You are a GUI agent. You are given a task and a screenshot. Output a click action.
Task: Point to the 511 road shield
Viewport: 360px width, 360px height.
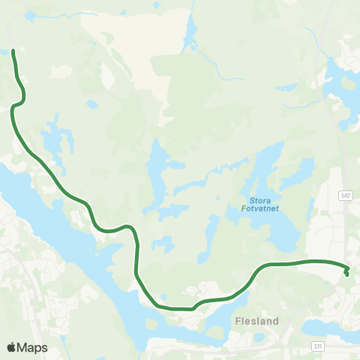[x=319, y=346]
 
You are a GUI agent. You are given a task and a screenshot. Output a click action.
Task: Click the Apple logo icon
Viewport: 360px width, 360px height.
[x=11, y=347]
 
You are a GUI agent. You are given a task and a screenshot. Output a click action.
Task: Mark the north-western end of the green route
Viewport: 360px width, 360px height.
[x=14, y=51]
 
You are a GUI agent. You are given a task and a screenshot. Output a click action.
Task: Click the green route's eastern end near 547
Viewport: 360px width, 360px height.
[x=347, y=274]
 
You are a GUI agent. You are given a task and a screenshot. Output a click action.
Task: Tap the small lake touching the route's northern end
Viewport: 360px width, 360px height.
[x=15, y=53]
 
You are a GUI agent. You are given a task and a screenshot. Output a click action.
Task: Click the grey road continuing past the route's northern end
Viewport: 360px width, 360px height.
[x=11, y=30]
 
